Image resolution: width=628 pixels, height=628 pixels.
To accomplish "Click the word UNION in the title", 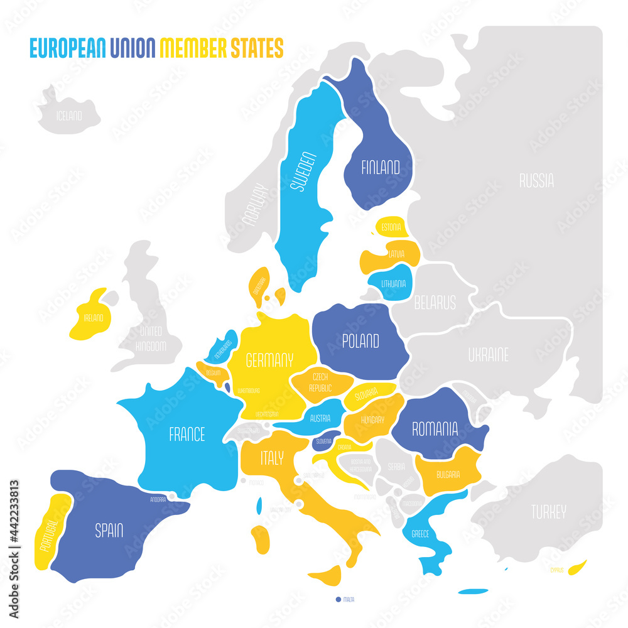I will coord(134,47).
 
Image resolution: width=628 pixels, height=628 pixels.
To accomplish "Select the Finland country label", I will coord(380,167).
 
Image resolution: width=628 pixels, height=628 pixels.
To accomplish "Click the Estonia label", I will coord(391,226).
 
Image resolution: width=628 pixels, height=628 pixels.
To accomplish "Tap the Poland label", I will coord(360,341).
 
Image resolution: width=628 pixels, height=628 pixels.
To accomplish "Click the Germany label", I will coord(269,360).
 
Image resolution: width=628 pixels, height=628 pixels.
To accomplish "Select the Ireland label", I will coord(94,318).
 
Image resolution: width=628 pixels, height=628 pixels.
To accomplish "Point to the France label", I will coord(187,434).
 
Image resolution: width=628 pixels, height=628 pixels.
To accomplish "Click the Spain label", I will coord(109,531).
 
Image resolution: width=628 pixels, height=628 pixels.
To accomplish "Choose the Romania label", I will coord(435,429).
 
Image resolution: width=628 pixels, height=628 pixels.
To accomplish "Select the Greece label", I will coord(420,534).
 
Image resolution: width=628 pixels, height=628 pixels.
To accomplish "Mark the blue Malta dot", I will coord(338,599).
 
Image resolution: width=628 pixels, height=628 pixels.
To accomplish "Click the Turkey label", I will coord(548,511).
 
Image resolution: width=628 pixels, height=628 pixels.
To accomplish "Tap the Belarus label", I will coord(435,303).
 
